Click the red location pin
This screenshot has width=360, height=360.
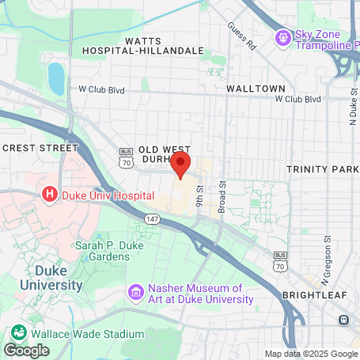pyautogui.click(x=181, y=165)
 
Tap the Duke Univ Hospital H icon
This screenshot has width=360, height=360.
pyautogui.click(x=50, y=194)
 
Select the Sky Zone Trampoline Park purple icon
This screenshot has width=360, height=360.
pyautogui.click(x=282, y=37)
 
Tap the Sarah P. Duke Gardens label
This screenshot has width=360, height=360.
pyautogui.click(x=103, y=251)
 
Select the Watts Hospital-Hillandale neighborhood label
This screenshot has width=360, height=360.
pyautogui.click(x=142, y=45)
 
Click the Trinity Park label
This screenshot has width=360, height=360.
pyautogui.click(x=323, y=169)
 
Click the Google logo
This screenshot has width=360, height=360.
pyautogui.click(x=26, y=350)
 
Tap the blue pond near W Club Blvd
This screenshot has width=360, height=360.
pyautogui.click(x=56, y=78)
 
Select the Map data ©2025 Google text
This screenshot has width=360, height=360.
pyautogui.click(x=311, y=354)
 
